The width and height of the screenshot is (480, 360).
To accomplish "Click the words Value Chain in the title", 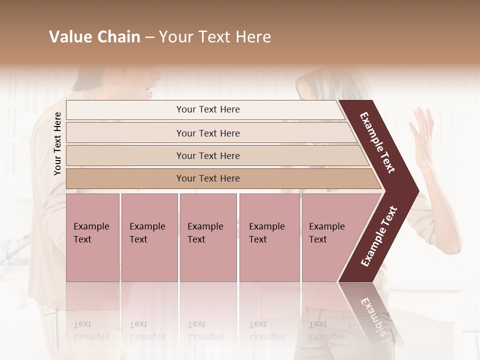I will click(94, 37).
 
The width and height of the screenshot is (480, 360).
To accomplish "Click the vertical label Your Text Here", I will click(57, 143).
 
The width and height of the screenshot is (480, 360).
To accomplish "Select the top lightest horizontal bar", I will click(125, 110).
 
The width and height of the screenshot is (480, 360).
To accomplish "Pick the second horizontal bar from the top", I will click(125, 133).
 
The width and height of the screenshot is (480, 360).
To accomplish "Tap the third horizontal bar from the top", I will click(125, 155).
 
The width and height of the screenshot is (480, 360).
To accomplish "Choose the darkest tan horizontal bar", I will click(125, 178).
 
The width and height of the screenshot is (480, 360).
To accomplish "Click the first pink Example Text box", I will click(92, 237).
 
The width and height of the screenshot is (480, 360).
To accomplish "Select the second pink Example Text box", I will click(149, 237).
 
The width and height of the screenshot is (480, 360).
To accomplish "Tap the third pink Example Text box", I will click(208, 237).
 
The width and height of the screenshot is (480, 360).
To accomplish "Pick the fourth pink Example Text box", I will click(269, 237).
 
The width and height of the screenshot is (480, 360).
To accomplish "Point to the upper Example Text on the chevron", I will click(377, 142).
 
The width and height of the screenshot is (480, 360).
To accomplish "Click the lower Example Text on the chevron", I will click(379, 236).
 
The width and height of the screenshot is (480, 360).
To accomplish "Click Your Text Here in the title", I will click(215, 37).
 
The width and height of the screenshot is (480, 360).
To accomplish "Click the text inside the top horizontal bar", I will click(208, 109).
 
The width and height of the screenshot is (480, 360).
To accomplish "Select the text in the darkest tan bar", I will click(208, 178).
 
